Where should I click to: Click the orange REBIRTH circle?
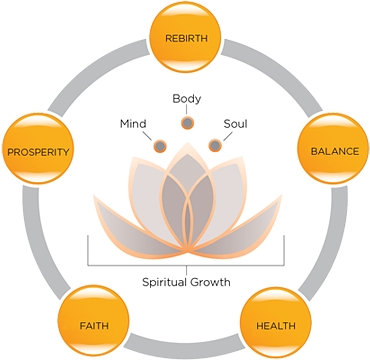click(x=186, y=39)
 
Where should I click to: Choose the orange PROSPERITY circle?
click(x=38, y=151)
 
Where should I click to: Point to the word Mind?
click(x=133, y=125)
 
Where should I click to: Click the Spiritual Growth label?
click(x=186, y=282)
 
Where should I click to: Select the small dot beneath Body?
click(x=186, y=123)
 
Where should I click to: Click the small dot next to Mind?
click(x=159, y=147)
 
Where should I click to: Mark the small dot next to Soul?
click(x=213, y=147)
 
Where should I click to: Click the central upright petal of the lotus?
click(x=186, y=200)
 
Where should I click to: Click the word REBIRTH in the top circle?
click(x=186, y=39)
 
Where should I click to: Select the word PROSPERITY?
click(x=38, y=152)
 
